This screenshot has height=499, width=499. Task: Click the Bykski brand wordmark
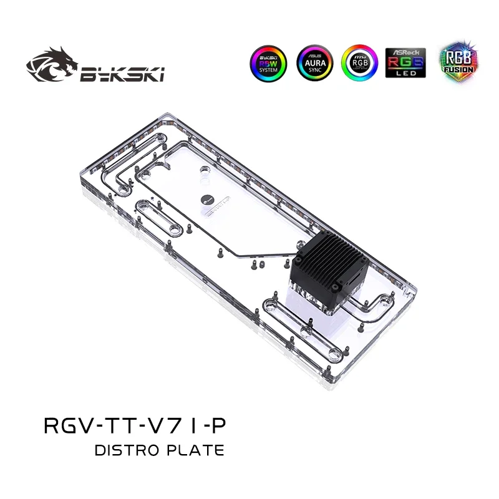pyautogui.click(x=122, y=76)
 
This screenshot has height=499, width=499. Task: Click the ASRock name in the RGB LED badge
pyautogui.click(x=405, y=51)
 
